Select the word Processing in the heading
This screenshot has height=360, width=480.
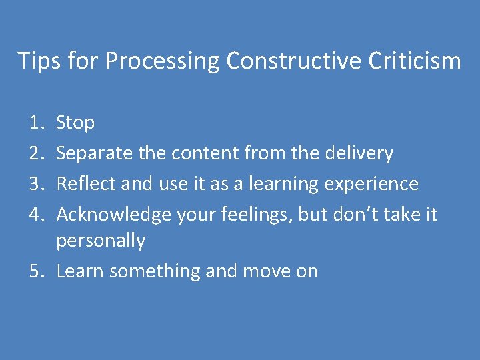pos(163,61)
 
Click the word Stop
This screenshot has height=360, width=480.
pos(75,123)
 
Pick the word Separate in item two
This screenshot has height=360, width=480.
pos(95,153)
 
